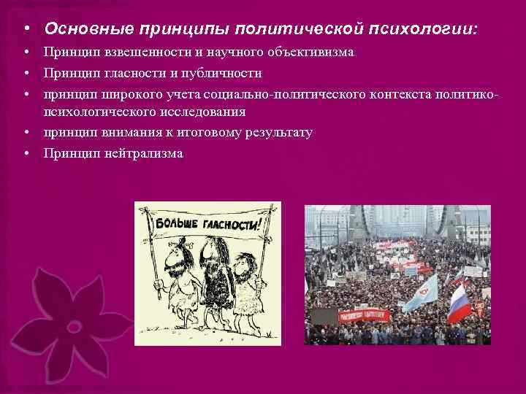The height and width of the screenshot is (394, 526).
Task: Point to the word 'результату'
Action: click(x=276, y=132)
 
